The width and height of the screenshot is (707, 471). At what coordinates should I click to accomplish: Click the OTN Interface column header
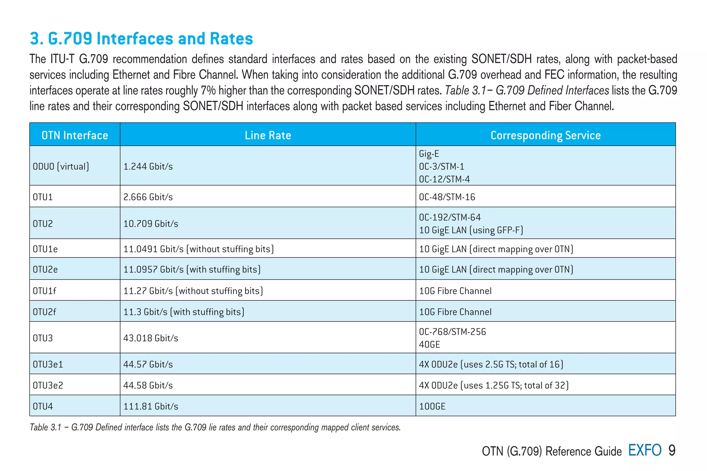tap(75, 135)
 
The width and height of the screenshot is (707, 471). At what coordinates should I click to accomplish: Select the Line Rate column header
tap(268, 135)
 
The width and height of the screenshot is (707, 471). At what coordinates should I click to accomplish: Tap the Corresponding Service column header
tap(545, 135)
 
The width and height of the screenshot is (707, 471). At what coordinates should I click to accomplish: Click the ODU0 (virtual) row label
tap(61, 167)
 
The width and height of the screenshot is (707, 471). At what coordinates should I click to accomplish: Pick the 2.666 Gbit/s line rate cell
tap(148, 197)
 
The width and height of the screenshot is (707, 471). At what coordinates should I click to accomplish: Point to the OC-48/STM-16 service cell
tap(447, 197)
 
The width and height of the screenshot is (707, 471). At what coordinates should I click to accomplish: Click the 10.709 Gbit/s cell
tap(151, 224)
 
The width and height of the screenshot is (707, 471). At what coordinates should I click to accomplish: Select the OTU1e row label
tap(45, 249)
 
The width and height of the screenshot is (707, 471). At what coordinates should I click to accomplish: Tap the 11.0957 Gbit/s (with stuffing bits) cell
tap(192, 269)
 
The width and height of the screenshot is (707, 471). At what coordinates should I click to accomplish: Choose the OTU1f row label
tap(45, 291)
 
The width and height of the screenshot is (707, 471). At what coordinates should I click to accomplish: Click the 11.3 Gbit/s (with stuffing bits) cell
tap(184, 312)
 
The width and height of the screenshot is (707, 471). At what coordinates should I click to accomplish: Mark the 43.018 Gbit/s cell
tap(151, 338)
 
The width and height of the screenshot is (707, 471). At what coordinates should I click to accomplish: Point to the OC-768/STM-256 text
tap(452, 332)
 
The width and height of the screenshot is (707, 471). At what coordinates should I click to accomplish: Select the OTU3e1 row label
tap(48, 365)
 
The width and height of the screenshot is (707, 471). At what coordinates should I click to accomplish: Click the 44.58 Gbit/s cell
tap(148, 385)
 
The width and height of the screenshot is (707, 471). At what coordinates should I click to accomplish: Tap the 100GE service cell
tap(432, 406)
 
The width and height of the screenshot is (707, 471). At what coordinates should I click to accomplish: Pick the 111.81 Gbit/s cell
tap(151, 406)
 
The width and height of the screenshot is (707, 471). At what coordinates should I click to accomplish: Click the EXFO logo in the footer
tap(645, 450)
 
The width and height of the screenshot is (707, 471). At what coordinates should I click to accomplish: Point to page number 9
tap(672, 450)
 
